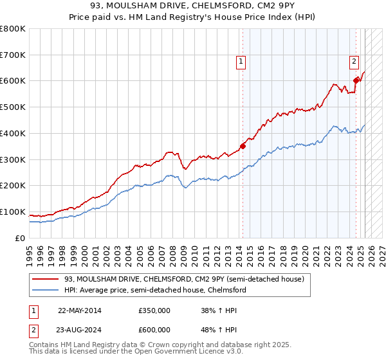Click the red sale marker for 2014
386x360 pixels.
pyautogui.click(x=243, y=146)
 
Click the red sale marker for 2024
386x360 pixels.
pyautogui.click(x=356, y=80)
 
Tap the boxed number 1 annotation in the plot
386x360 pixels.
pyautogui.click(x=240, y=62)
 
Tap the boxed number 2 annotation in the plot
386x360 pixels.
pyautogui.click(x=354, y=62)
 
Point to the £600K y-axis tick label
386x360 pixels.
pyautogui.click(x=13, y=81)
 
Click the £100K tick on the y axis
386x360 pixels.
pyautogui.click(x=13, y=212)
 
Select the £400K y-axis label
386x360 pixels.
pyautogui.click(x=13, y=133)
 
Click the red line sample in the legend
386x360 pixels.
pyautogui.click(x=45, y=279)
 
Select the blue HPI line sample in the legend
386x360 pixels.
pyautogui.click(x=45, y=290)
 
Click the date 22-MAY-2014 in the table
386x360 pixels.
pyautogui.click(x=80, y=310)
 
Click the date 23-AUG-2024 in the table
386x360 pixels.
pyautogui.click(x=80, y=329)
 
